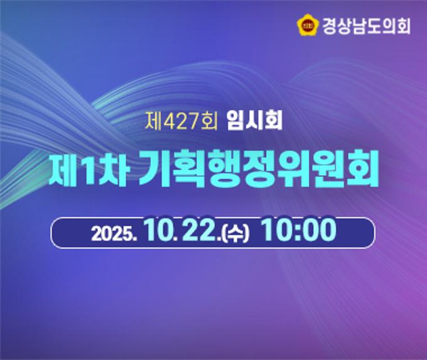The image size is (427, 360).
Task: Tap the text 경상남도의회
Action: pyautogui.click(x=366, y=26)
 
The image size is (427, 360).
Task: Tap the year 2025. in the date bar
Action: pyautogui.click(x=114, y=233)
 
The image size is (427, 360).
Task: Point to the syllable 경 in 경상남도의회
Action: pyautogui.click(x=330, y=26)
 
